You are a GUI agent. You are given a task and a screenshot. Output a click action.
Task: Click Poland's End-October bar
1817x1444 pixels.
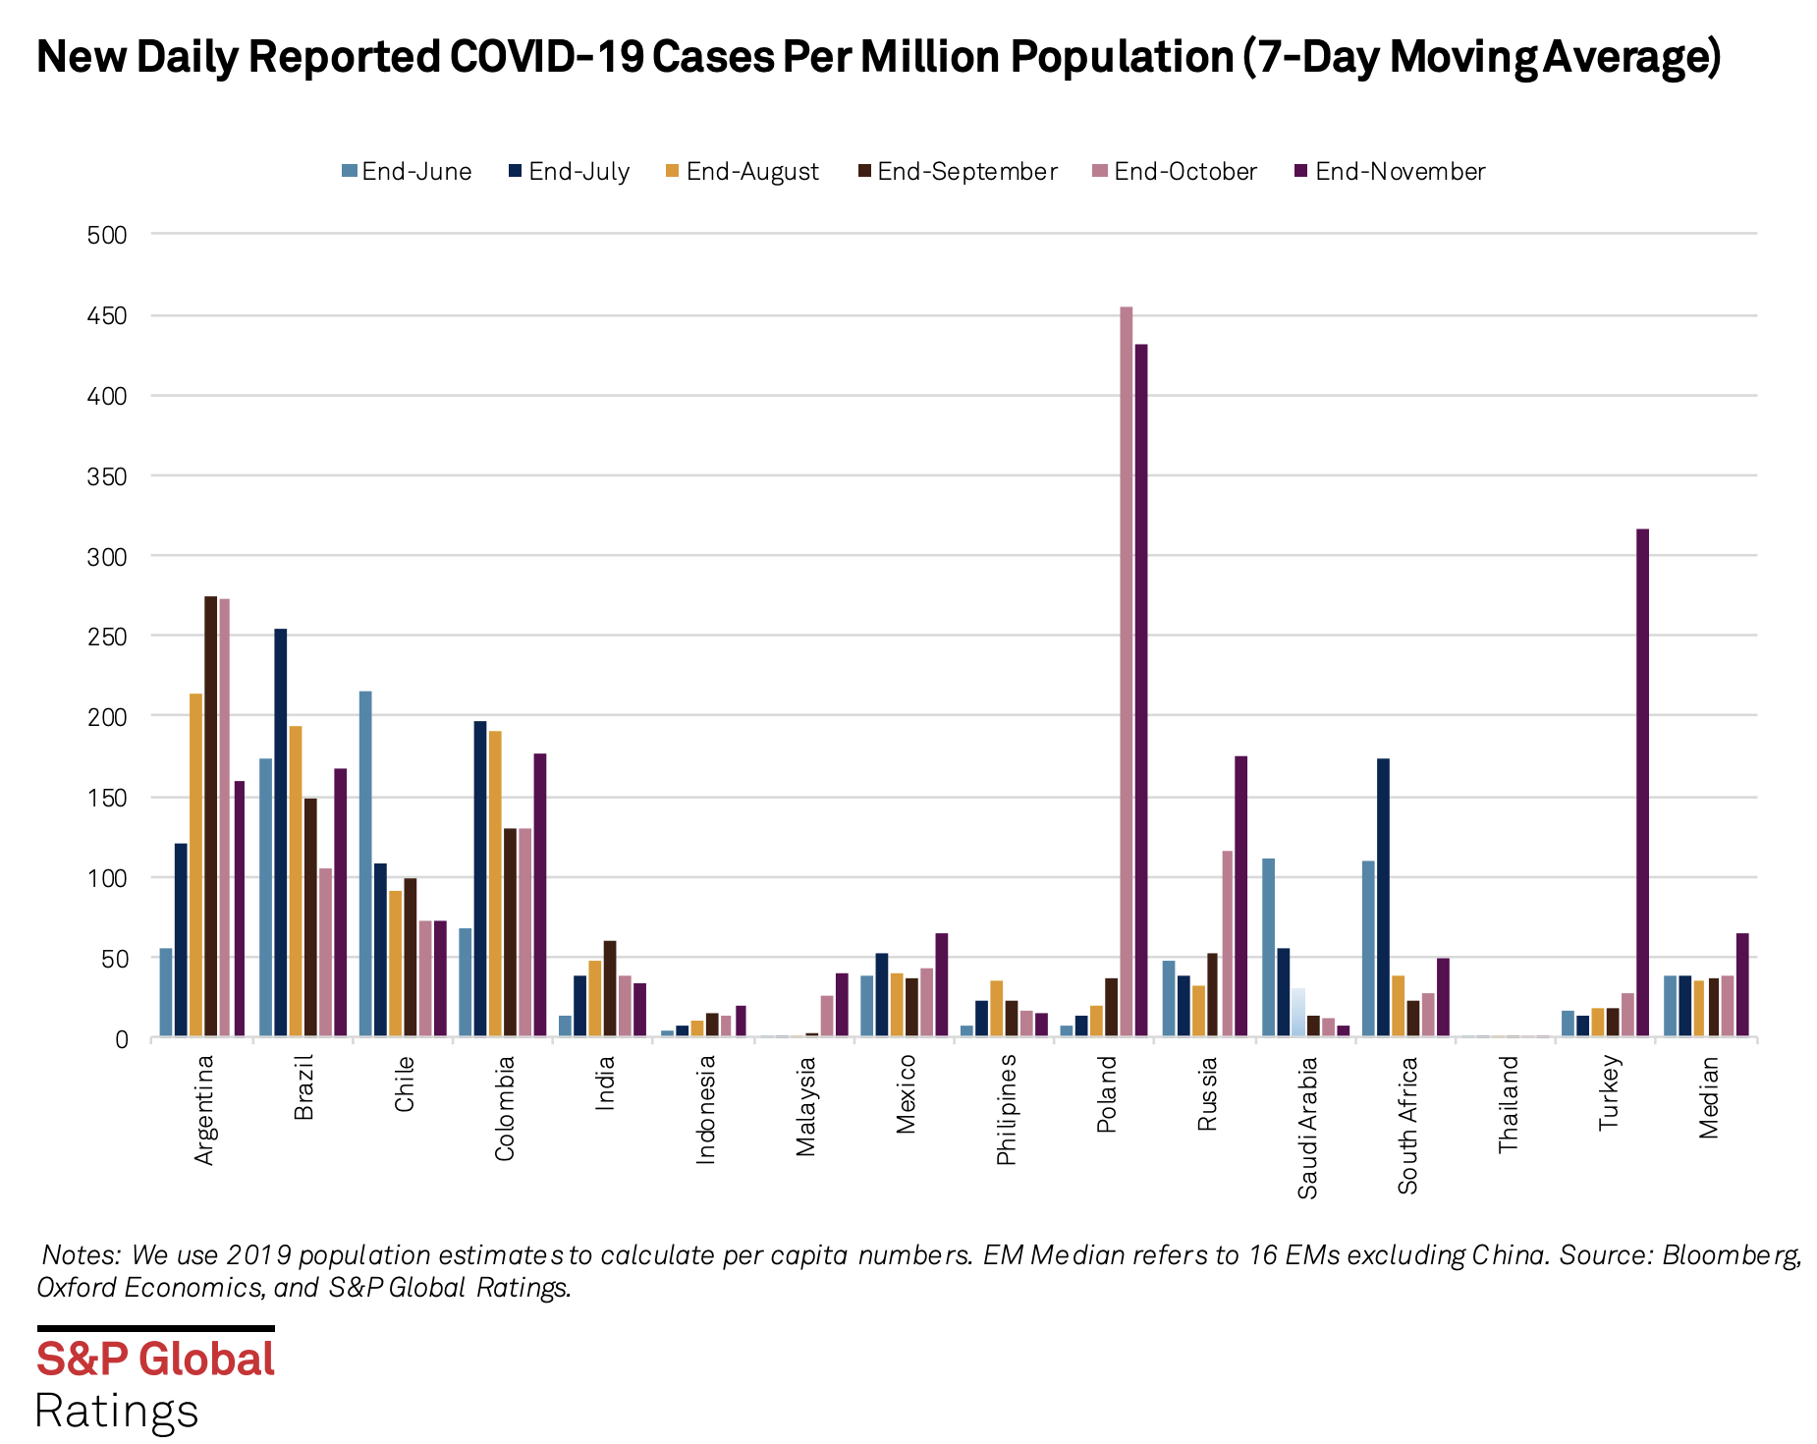(x=1126, y=672)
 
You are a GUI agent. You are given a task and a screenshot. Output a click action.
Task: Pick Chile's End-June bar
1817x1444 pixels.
(x=365, y=863)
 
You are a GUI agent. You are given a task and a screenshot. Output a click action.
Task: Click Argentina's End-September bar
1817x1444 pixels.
(x=210, y=815)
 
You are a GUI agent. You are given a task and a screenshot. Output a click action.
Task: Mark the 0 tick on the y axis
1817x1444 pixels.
(x=121, y=1039)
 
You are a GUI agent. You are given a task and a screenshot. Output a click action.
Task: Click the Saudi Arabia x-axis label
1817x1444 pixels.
(x=1307, y=1128)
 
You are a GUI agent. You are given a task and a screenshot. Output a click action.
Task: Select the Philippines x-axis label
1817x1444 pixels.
(x=1006, y=1110)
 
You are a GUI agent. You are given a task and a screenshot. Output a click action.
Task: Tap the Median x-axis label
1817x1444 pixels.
(x=1709, y=1097)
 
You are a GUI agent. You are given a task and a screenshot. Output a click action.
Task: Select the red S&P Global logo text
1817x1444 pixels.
(x=155, y=1360)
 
